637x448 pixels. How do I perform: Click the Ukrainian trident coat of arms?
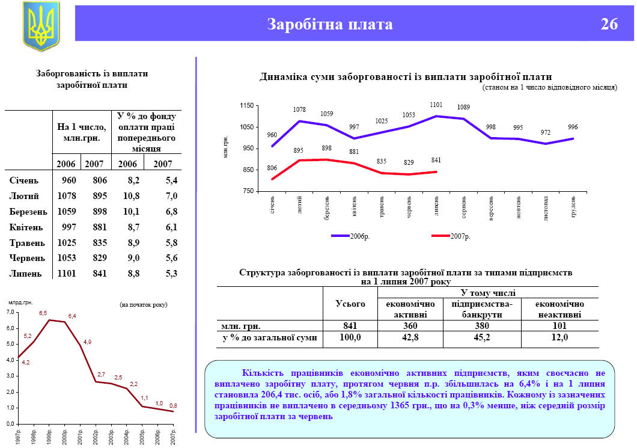(x=41, y=25)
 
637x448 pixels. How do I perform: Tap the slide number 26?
(x=609, y=25)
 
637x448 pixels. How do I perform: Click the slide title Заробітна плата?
(x=330, y=25)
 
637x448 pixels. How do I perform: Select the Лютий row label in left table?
(x=25, y=195)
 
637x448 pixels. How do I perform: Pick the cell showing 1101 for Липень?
(x=66, y=274)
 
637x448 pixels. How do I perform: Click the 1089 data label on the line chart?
(x=463, y=108)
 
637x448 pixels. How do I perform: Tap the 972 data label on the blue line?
(x=545, y=132)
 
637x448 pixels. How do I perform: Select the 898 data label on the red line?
(x=327, y=148)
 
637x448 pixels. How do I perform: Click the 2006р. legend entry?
(x=359, y=236)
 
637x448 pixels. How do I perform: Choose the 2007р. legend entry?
(x=460, y=236)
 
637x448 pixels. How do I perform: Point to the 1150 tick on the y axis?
(x=246, y=106)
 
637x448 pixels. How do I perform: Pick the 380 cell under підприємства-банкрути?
(x=481, y=325)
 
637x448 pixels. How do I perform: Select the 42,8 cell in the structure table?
(x=410, y=338)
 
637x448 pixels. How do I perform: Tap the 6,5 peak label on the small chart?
(x=43, y=313)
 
